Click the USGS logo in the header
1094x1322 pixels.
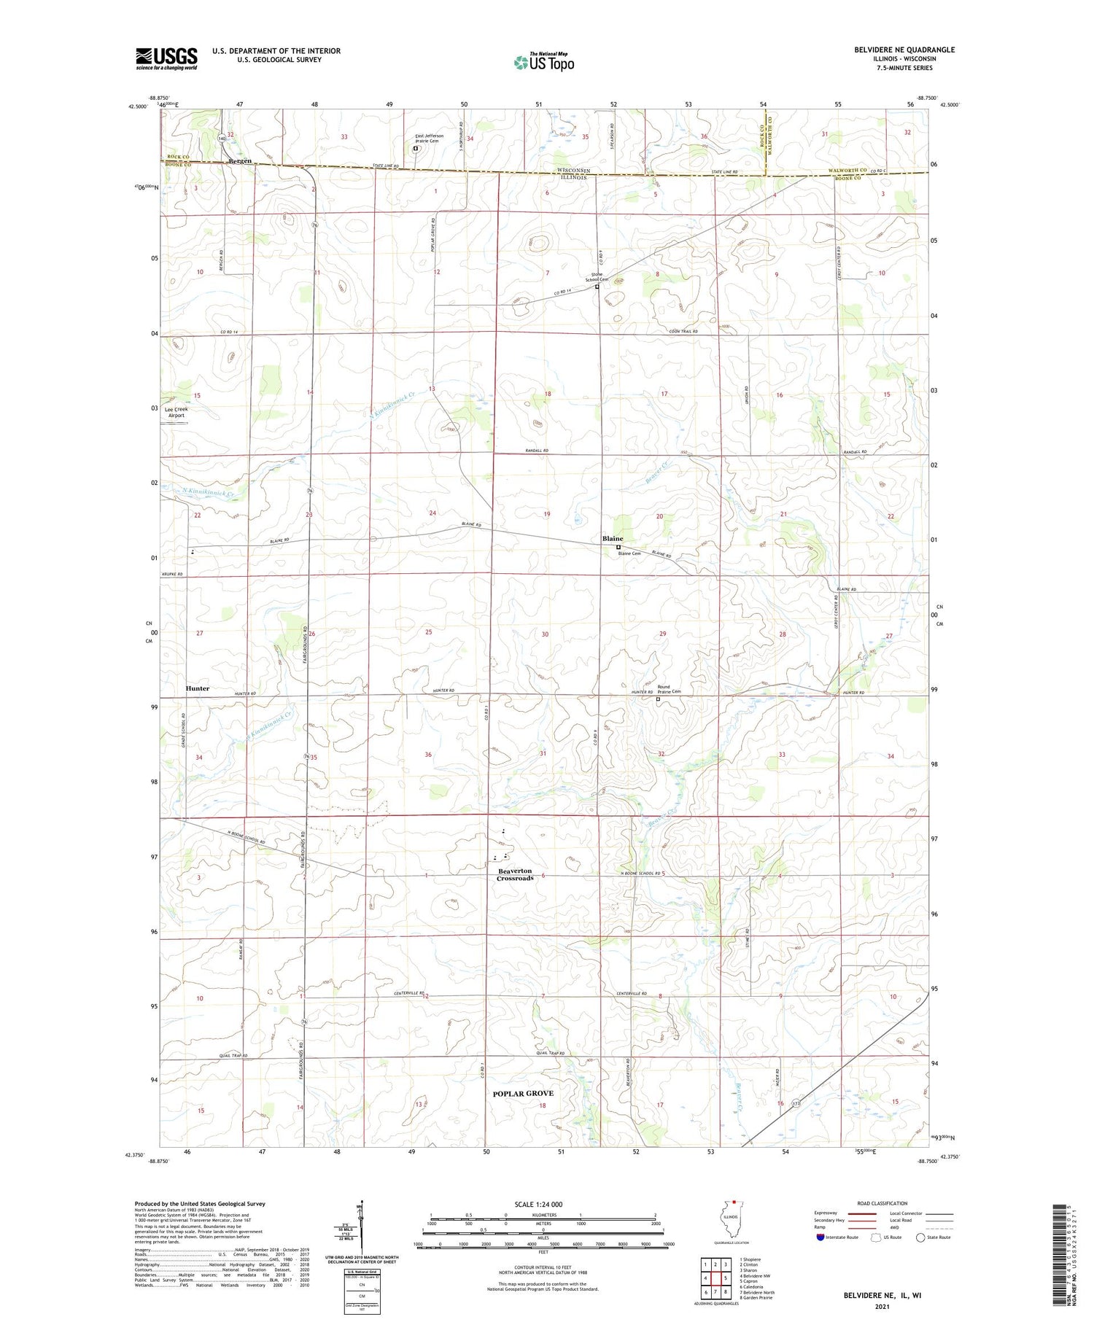tap(166, 58)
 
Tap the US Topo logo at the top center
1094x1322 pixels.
tap(543, 63)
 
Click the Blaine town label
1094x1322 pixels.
tap(613, 538)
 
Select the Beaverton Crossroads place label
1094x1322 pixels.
tap(515, 874)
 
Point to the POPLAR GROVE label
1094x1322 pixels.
tap(522, 1093)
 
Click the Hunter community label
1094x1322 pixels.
tap(197, 688)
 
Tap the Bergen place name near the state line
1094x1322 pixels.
tap(239, 160)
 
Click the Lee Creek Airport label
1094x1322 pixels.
tap(176, 413)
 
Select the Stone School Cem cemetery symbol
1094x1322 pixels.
tap(597, 287)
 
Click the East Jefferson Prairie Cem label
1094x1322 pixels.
tap(429, 139)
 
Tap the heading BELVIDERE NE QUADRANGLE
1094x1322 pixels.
tap(894, 50)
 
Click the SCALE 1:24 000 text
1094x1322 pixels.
tap(543, 1204)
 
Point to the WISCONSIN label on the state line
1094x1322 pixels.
tap(573, 170)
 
